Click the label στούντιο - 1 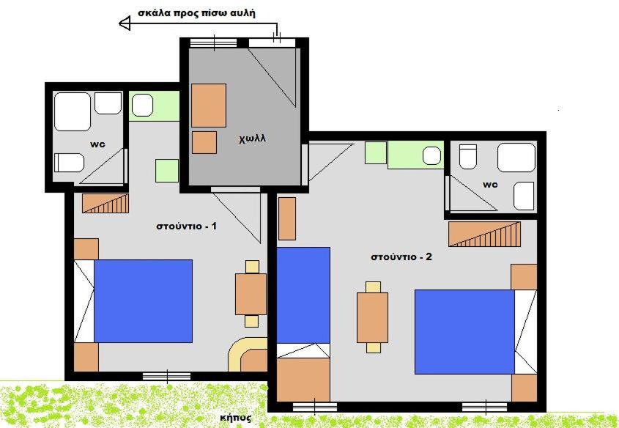pyautogui.click(x=186, y=226)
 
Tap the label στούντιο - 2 pyautogui.click(x=401, y=257)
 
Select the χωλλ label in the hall pyautogui.click(x=253, y=139)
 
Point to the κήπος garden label pyautogui.click(x=236, y=418)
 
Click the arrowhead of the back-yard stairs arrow pyautogui.click(x=125, y=23)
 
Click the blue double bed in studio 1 pyautogui.click(x=143, y=301)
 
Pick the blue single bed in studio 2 pyautogui.click(x=303, y=295)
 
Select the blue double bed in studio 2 pyautogui.click(x=464, y=332)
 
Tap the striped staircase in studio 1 pyautogui.click(x=105, y=203)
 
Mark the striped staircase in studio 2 pyautogui.click(x=484, y=234)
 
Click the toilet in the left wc pyautogui.click(x=69, y=163)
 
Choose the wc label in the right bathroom pyautogui.click(x=490, y=185)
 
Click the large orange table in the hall pyautogui.click(x=209, y=106)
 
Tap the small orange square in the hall pyautogui.click(x=204, y=142)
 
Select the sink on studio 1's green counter pyautogui.click(x=143, y=106)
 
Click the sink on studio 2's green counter pyautogui.click(x=432, y=155)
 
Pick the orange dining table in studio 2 pyautogui.click(x=372, y=317)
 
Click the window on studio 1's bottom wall pyautogui.click(x=166, y=376)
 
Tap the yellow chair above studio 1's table pyautogui.click(x=252, y=267)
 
